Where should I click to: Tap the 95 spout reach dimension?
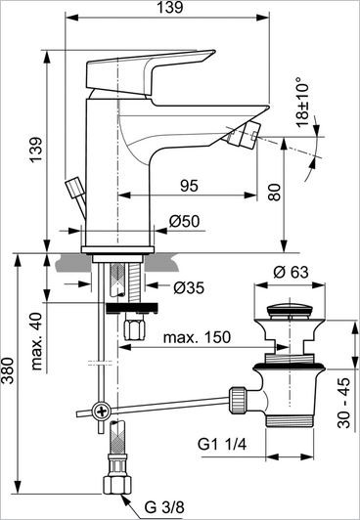[x=190, y=186]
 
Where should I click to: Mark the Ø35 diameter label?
[x=189, y=287]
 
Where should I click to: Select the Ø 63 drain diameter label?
[x=291, y=270]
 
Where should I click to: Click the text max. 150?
[x=198, y=337]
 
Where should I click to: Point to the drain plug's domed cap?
[x=291, y=310]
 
